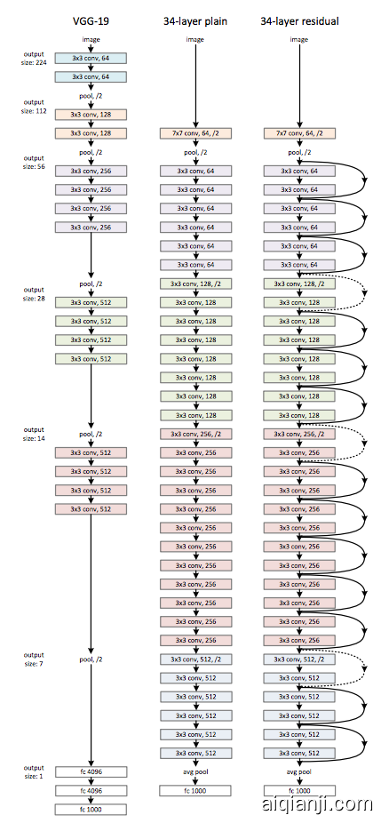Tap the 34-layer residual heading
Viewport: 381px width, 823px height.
[x=298, y=20]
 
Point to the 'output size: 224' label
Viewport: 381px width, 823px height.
[x=33, y=57]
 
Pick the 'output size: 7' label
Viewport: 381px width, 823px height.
[x=33, y=659]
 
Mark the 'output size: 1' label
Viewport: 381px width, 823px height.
[x=33, y=771]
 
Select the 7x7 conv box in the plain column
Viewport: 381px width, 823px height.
[x=194, y=133]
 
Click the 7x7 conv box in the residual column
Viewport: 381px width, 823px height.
[x=298, y=133]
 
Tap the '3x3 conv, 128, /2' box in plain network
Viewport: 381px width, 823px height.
[x=194, y=284]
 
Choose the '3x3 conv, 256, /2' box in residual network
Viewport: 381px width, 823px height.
[x=298, y=434]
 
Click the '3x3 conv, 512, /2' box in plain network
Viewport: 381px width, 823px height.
[x=194, y=659]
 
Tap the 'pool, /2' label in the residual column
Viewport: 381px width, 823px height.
[x=298, y=152]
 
